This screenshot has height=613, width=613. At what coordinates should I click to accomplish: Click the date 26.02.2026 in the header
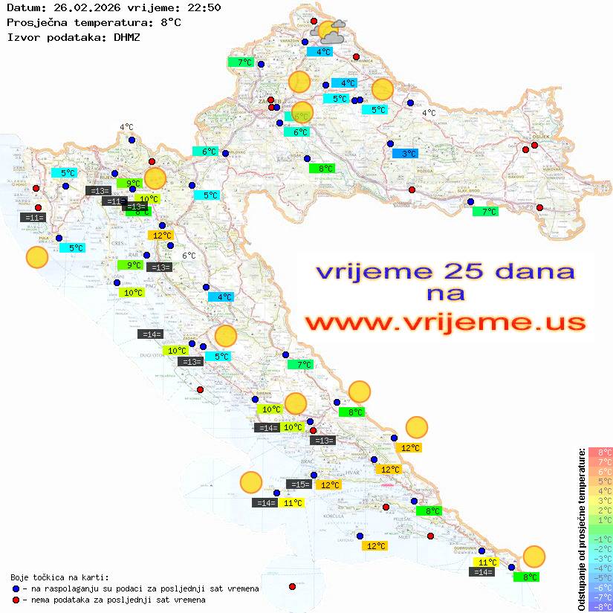pos(77,8)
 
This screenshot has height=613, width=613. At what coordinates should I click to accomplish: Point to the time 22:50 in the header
pos(204,8)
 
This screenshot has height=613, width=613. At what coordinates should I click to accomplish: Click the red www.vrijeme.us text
pos(445,322)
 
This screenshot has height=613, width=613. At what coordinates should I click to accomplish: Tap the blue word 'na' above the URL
pos(445,293)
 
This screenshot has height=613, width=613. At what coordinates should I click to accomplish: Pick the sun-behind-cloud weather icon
pos(330,32)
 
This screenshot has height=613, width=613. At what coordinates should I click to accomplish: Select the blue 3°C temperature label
pos(405,153)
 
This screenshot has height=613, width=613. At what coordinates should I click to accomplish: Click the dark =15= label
pos(299,484)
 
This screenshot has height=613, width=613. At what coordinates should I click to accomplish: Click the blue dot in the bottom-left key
pos(16,588)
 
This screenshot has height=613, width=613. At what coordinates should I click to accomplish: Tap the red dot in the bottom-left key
pos(16,600)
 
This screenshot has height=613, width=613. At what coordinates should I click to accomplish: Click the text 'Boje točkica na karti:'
pos(59,577)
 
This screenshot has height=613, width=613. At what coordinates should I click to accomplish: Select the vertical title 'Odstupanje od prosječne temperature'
pos(581,528)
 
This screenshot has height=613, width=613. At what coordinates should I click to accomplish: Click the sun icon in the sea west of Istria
pos(37,257)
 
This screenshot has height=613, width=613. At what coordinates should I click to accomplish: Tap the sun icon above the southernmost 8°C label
pos(533,556)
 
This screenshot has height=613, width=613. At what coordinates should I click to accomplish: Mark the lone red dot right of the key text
pos(292,587)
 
